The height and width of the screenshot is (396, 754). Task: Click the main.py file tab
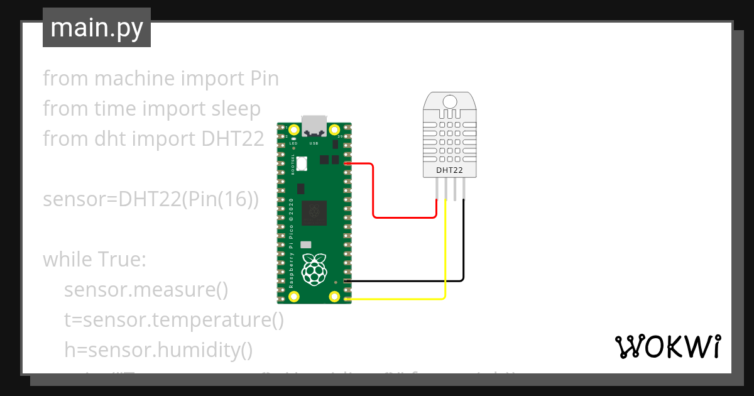tap(96, 28)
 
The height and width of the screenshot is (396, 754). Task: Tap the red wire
tap(374, 195)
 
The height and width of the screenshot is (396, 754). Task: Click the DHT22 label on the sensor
tap(449, 170)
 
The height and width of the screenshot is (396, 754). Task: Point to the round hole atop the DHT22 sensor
tap(450, 102)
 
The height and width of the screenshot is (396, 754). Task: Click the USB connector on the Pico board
tap(314, 124)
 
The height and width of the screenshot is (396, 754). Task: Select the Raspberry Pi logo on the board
tap(314, 269)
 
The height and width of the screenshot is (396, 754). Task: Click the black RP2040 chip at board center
tap(314, 213)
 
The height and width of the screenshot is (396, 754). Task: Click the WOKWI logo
tap(667, 346)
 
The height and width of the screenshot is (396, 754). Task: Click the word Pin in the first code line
tap(261, 79)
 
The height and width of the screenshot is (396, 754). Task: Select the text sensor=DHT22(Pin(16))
tap(151, 199)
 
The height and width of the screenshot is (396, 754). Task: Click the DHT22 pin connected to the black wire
tap(464, 189)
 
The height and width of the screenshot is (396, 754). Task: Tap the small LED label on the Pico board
tap(293, 143)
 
